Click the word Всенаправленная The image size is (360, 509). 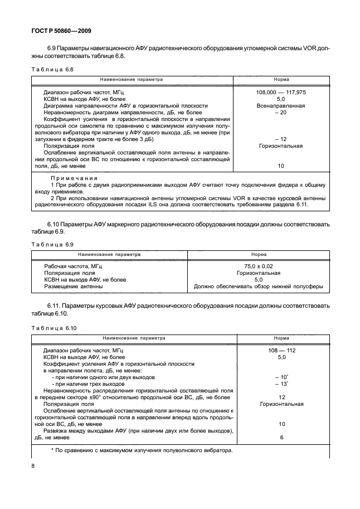[x=281, y=105]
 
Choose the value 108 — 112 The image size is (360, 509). [x=281, y=350]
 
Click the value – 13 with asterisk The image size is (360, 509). [x=281, y=384]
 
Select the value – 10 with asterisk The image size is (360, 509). [x=281, y=377]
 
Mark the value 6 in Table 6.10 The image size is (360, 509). [x=281, y=437]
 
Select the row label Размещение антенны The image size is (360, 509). [x=73, y=287]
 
